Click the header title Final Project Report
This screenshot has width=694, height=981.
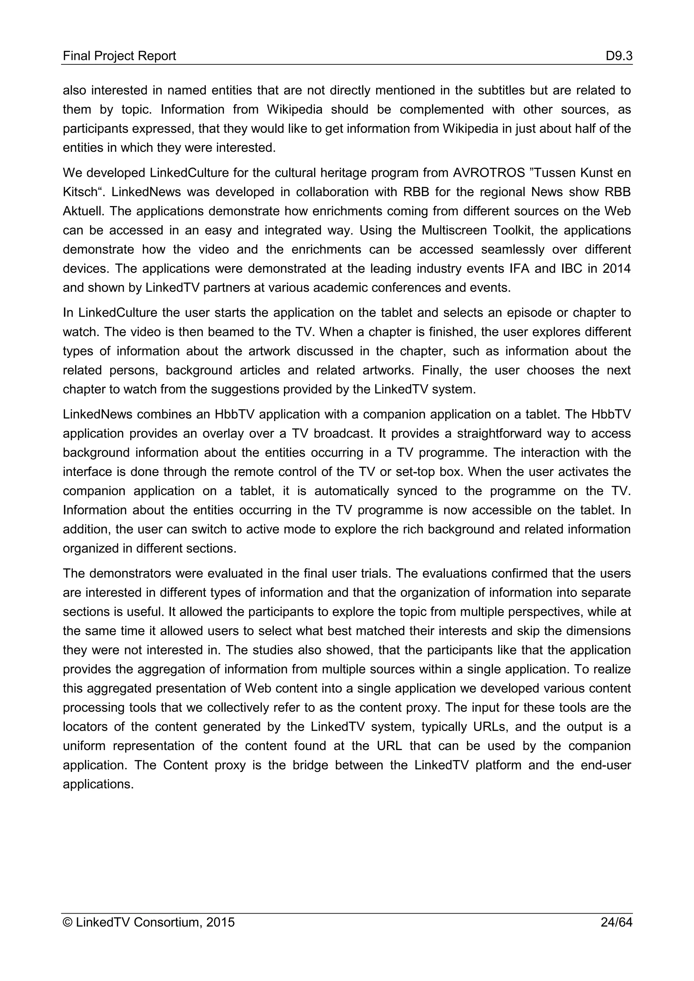(119, 56)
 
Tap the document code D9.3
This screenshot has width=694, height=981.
(619, 56)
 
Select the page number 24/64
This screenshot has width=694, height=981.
(616, 922)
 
